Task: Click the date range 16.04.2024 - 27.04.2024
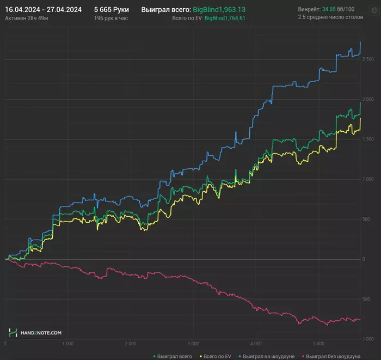pos(43,9)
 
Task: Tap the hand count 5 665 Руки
pos(111,9)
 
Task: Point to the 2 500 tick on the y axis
pos(368,59)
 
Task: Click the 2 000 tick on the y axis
pos(368,99)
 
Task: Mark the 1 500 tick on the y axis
pos(368,139)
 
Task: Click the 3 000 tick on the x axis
pos(193,344)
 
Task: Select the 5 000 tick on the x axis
pos(318,344)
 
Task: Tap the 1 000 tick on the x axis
pos(67,344)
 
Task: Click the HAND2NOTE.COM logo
pos(35,332)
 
